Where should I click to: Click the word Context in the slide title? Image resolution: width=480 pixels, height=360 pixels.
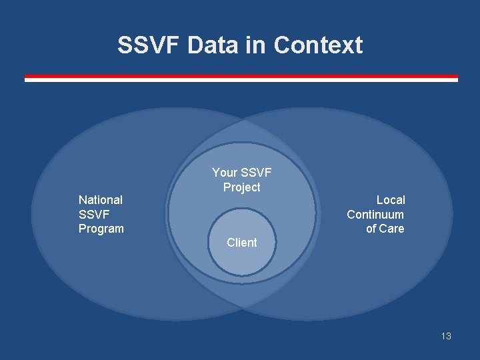(x=318, y=45)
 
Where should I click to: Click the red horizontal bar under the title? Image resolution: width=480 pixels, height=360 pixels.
(x=241, y=76)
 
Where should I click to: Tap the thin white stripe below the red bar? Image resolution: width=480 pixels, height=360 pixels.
(x=241, y=80)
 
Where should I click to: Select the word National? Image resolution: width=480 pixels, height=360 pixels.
(x=101, y=199)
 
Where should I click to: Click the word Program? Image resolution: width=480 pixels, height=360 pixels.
(x=101, y=229)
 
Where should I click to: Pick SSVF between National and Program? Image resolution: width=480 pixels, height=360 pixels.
(x=94, y=214)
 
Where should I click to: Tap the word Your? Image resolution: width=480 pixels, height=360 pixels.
(x=225, y=173)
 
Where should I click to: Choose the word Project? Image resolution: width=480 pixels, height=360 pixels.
(x=242, y=187)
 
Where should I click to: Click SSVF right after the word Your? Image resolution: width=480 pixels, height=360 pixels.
(x=256, y=173)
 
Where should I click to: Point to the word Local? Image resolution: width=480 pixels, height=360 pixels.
(x=391, y=199)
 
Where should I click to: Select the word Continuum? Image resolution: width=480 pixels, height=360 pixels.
(x=375, y=214)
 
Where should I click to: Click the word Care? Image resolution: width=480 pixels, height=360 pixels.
(x=392, y=229)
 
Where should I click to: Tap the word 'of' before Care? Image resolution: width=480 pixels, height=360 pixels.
(x=371, y=229)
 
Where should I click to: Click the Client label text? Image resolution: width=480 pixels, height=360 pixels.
(x=241, y=243)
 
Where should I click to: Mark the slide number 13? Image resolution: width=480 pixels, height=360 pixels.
(x=446, y=336)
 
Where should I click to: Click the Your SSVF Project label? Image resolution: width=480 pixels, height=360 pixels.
(x=242, y=180)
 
